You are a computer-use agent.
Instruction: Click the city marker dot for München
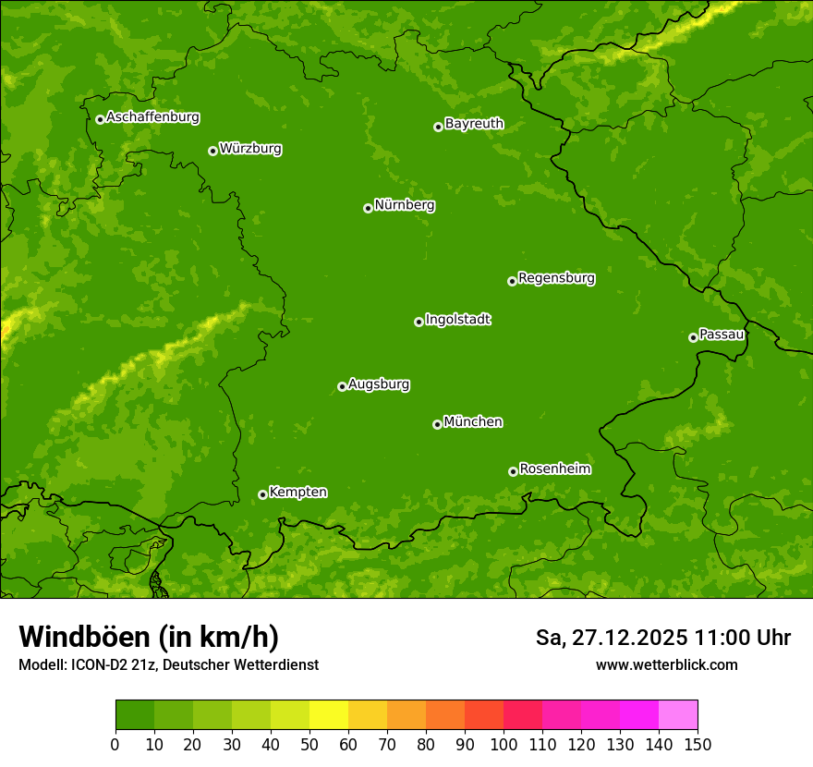(x=437, y=424)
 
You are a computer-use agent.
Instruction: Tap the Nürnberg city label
(x=405, y=205)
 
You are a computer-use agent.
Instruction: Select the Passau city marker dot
(x=693, y=337)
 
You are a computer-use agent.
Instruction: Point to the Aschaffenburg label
(x=152, y=117)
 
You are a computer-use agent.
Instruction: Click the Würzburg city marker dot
(x=212, y=151)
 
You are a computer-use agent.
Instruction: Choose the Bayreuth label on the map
(x=474, y=124)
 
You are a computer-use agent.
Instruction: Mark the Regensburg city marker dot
(x=512, y=281)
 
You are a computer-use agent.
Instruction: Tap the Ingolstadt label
(x=457, y=320)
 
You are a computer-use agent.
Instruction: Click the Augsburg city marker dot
(x=342, y=386)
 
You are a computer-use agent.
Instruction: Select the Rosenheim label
(x=554, y=469)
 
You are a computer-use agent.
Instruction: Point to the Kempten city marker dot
(x=262, y=494)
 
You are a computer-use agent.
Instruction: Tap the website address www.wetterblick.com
(x=667, y=664)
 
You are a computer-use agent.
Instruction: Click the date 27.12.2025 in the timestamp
(x=629, y=638)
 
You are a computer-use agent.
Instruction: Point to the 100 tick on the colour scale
(x=504, y=744)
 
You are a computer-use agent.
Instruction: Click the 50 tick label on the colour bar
(x=309, y=744)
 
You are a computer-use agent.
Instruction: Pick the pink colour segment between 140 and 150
(x=678, y=714)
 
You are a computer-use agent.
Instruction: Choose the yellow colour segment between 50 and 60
(x=329, y=714)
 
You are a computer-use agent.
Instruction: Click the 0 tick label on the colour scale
(x=115, y=744)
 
